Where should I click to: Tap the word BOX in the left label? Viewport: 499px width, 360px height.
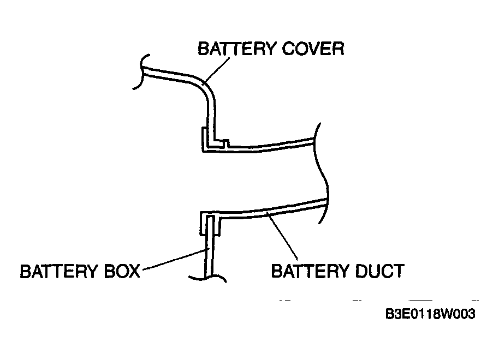(122, 271)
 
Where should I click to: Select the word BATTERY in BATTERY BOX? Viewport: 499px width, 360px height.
(60, 271)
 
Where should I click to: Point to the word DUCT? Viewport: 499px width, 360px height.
(379, 271)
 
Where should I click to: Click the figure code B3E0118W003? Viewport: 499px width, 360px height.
(430, 314)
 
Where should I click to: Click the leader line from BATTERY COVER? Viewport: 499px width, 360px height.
(216, 70)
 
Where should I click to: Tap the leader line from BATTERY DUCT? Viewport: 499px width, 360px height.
(283, 236)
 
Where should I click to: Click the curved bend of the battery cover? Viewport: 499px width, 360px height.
(205, 87)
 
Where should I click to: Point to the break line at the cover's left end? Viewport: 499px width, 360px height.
(141, 71)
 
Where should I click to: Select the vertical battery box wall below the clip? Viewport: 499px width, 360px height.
(209, 254)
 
